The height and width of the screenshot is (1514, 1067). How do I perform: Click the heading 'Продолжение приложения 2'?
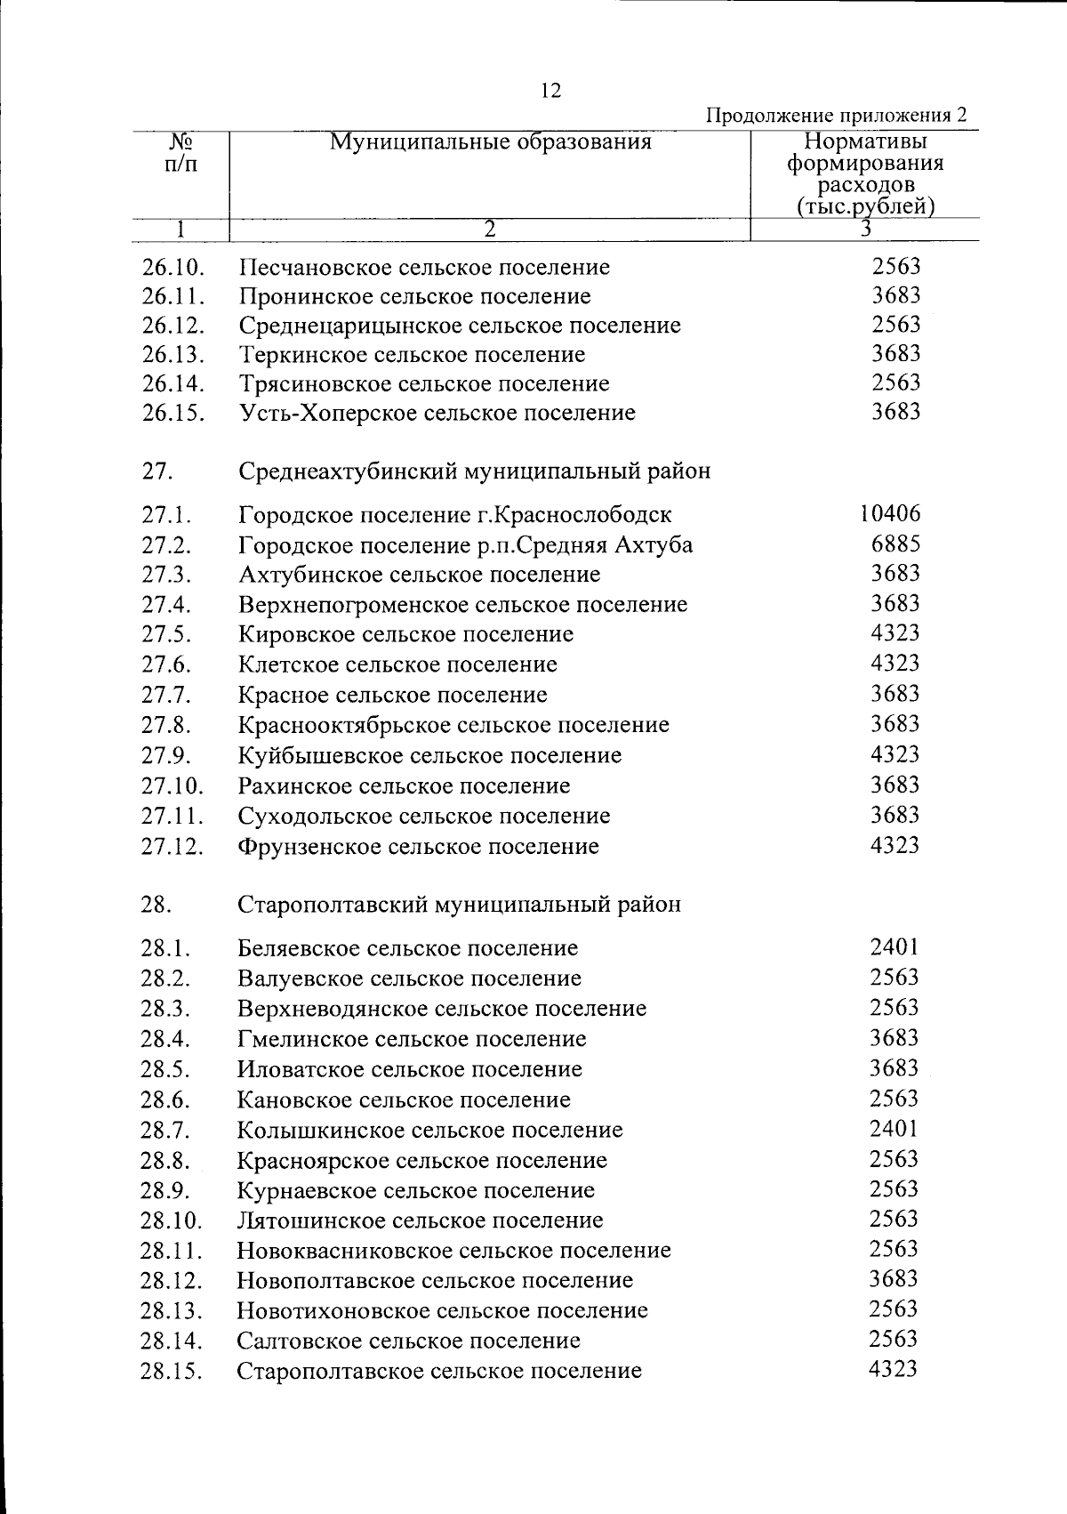point(836,116)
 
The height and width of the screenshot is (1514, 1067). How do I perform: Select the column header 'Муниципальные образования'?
point(490,142)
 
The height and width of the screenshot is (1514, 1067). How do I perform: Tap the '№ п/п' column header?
point(181,153)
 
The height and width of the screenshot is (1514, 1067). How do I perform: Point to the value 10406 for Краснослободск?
point(890,513)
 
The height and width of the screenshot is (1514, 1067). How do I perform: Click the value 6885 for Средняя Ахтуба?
point(895,544)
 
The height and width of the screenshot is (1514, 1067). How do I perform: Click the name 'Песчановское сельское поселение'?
point(424,267)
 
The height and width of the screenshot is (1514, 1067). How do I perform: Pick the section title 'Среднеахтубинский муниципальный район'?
point(474,471)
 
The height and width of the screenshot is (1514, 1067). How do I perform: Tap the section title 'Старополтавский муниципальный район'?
point(460,904)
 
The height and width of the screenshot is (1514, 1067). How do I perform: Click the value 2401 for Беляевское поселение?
point(894,946)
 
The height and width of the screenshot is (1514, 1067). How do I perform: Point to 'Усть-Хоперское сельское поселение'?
point(437,413)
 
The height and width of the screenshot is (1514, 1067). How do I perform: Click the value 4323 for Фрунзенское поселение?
point(895,844)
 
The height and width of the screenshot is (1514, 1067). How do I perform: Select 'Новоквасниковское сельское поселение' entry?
point(453,1250)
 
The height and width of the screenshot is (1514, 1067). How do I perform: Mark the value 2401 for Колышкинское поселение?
point(894,1128)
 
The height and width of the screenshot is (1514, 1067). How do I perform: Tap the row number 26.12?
point(172,326)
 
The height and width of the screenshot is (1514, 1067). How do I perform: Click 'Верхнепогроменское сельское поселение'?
point(462,605)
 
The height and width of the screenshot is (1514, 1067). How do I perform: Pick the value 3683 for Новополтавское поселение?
point(894,1279)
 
